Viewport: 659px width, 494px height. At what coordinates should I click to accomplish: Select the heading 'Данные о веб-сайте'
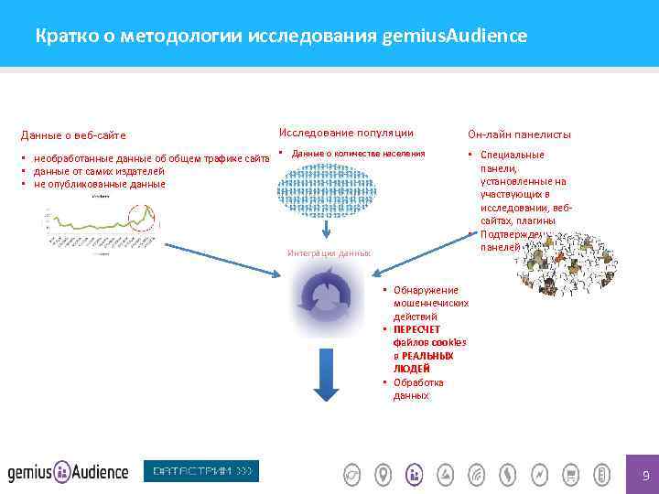pyautogui.click(x=80, y=135)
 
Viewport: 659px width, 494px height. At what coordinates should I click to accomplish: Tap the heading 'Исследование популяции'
pyautogui.click(x=345, y=133)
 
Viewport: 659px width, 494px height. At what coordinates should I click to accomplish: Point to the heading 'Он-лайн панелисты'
pyautogui.click(x=519, y=134)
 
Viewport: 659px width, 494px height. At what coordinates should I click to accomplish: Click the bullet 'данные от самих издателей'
pyautogui.click(x=99, y=171)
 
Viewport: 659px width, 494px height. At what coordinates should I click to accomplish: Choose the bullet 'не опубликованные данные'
pyautogui.click(x=99, y=184)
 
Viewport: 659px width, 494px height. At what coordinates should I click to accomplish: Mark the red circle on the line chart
pyautogui.click(x=144, y=219)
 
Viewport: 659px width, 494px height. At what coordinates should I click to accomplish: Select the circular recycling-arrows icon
pyautogui.click(x=326, y=298)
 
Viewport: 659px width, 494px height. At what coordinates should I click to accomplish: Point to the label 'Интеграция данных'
pyautogui.click(x=329, y=252)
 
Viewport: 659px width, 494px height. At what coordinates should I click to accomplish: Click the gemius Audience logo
pyautogui.click(x=68, y=472)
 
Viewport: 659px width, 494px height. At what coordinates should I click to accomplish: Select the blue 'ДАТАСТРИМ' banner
pyautogui.click(x=201, y=471)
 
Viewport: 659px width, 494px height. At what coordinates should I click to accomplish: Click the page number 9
pyautogui.click(x=645, y=475)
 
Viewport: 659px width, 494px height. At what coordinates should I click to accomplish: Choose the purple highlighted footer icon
pyautogui.click(x=414, y=474)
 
